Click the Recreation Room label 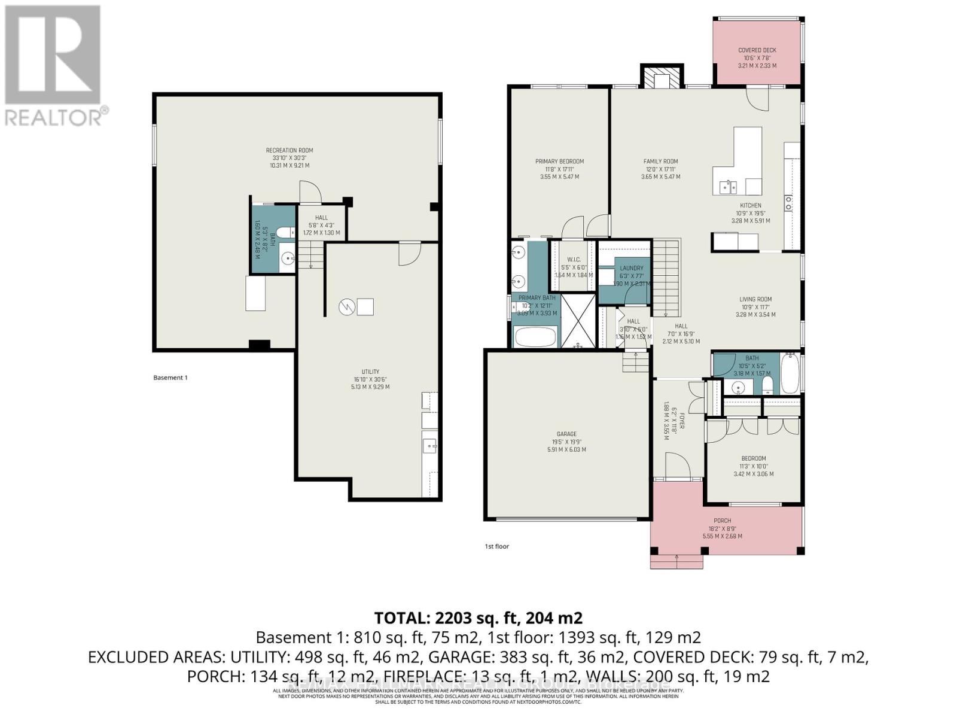coord(289,151)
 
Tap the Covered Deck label coord(757,50)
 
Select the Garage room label coord(566,434)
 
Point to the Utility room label coord(370,372)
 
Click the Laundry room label coord(632,268)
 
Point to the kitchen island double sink coord(729,187)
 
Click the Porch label coord(722,521)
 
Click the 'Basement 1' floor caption coord(170,378)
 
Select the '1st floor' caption coord(496,546)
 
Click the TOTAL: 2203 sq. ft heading coord(478,617)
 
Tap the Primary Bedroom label coord(559,162)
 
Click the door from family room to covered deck coord(757,99)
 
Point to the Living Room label coord(755,299)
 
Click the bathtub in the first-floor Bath coord(790,373)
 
